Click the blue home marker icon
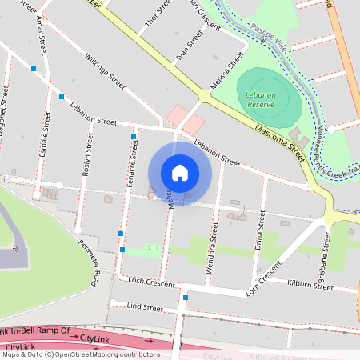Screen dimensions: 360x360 point(180,173)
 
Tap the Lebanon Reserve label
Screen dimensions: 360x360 point(261,99)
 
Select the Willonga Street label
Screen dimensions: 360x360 point(106,71)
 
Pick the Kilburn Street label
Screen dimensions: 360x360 point(310,286)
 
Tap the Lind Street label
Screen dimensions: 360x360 point(145,307)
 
